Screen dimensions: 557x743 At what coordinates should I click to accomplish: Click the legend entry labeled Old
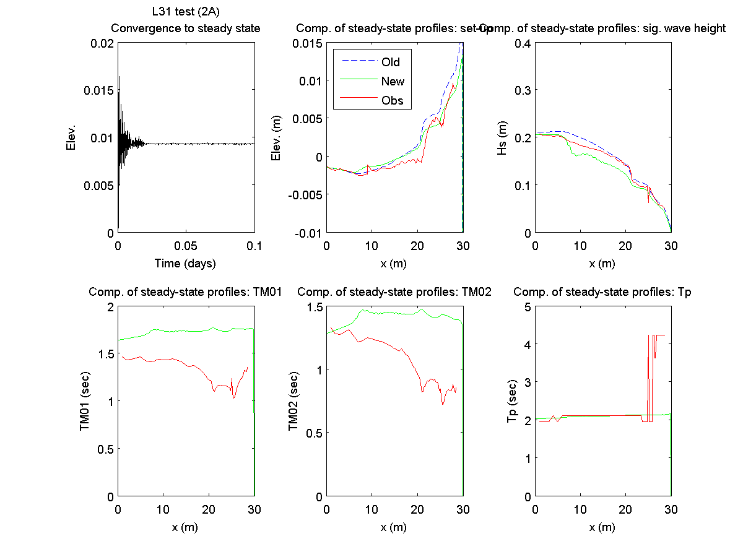[391, 62]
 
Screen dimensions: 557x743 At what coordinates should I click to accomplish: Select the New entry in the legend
[393, 81]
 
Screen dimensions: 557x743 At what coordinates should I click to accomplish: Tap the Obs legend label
[393, 101]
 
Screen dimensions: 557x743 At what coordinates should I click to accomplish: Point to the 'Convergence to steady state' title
[185, 28]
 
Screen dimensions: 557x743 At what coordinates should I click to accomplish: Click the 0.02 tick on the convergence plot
[102, 43]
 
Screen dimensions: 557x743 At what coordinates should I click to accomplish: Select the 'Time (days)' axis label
[185, 264]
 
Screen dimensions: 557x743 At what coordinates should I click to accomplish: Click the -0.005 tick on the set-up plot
[303, 194]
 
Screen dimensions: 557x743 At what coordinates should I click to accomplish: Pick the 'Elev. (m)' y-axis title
[277, 137]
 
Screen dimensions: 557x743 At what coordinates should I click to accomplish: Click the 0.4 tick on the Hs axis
[521, 43]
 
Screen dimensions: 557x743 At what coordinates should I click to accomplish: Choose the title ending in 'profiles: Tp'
[602, 292]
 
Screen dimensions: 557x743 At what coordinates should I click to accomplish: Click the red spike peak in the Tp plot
[648, 335]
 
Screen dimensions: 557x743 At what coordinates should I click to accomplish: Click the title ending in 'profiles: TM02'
[394, 292]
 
